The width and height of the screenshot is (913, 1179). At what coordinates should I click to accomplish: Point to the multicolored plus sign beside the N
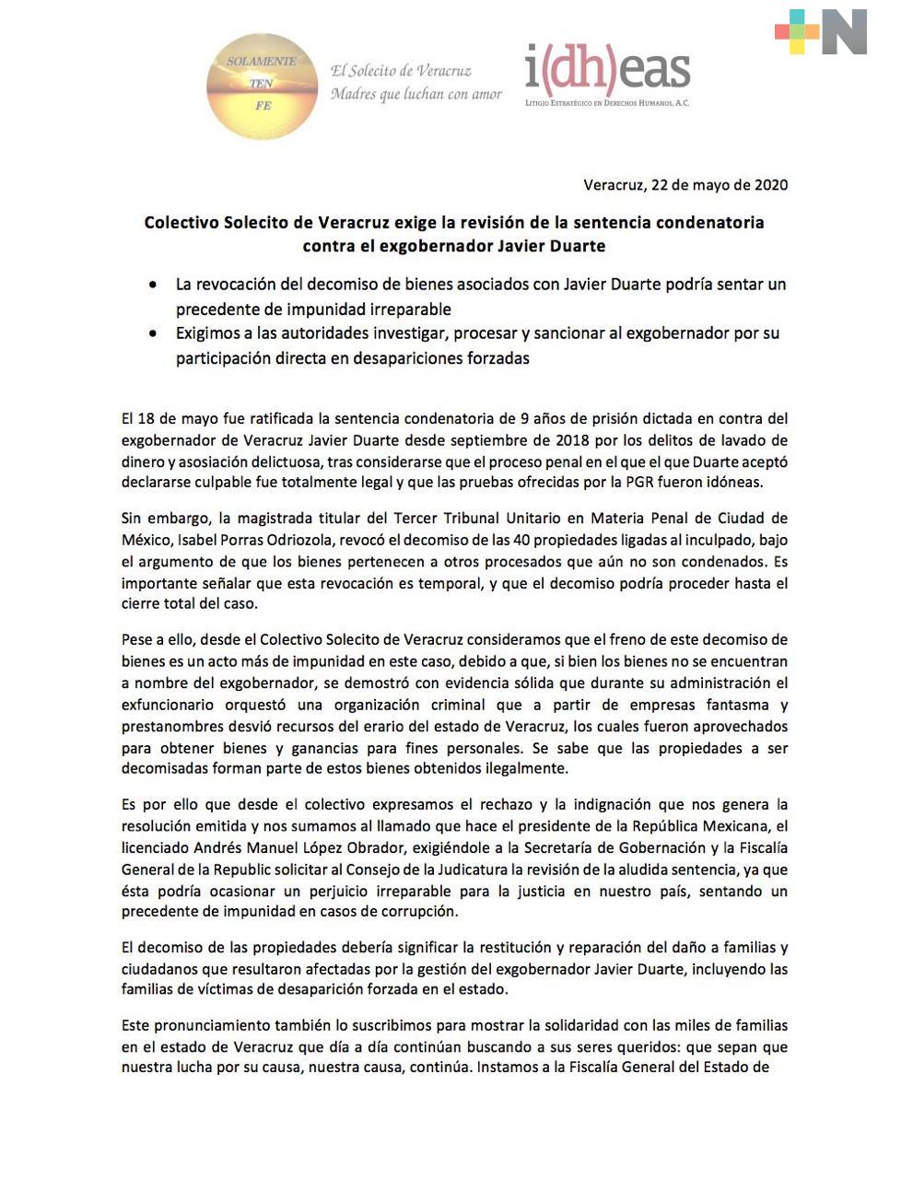click(797, 32)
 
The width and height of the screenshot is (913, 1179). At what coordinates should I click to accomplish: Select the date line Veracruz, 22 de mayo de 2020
click(685, 184)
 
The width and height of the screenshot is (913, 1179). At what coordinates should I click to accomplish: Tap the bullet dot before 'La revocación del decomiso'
click(153, 286)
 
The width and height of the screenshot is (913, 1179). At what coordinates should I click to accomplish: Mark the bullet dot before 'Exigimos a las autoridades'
click(153, 334)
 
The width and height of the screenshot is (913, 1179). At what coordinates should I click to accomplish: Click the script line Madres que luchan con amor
click(416, 94)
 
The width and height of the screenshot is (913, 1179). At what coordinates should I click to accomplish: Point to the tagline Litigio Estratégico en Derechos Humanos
click(607, 103)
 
